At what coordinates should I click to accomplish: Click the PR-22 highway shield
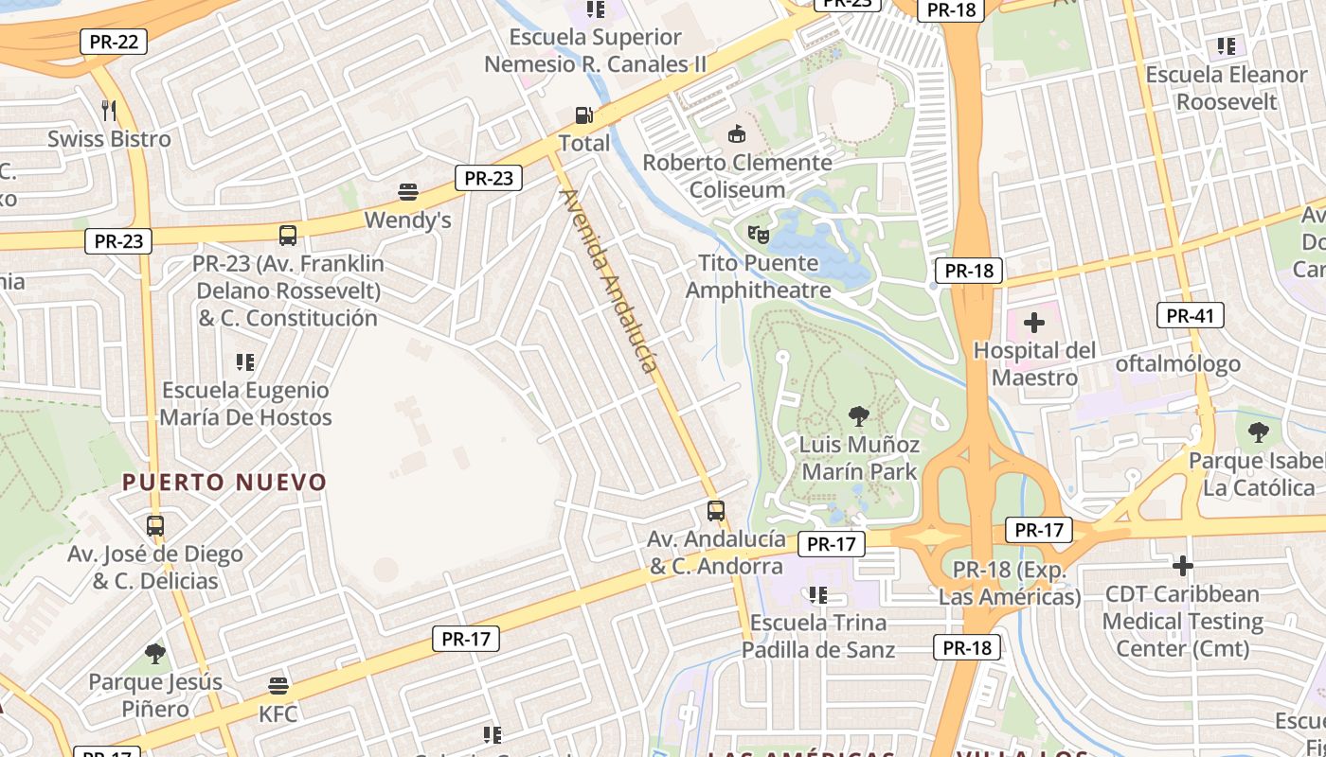click(x=113, y=42)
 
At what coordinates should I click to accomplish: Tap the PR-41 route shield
click(x=1190, y=316)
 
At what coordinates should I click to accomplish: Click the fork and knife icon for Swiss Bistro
click(x=109, y=111)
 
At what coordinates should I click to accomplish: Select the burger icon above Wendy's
click(x=408, y=192)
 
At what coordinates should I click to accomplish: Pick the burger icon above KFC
click(x=278, y=685)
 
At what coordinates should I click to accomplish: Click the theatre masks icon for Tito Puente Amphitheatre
click(x=758, y=233)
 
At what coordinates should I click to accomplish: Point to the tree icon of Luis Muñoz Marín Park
click(x=859, y=414)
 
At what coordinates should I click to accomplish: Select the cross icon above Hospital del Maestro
click(x=1034, y=323)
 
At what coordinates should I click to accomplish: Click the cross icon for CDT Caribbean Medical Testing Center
click(x=1182, y=566)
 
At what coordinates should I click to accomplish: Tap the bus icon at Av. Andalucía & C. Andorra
click(x=716, y=511)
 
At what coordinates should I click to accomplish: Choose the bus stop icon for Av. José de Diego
click(x=155, y=525)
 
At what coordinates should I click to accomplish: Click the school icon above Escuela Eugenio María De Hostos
click(x=245, y=361)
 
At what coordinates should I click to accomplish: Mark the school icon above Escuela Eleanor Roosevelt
click(x=1227, y=45)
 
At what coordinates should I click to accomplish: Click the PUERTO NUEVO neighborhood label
click(x=224, y=482)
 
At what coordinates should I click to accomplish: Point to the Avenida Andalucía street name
click(x=609, y=280)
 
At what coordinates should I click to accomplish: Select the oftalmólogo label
click(x=1177, y=363)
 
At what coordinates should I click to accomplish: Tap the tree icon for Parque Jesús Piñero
click(x=155, y=653)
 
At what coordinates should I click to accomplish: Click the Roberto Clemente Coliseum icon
click(x=736, y=134)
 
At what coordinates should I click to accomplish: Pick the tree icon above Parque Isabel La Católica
click(x=1258, y=432)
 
